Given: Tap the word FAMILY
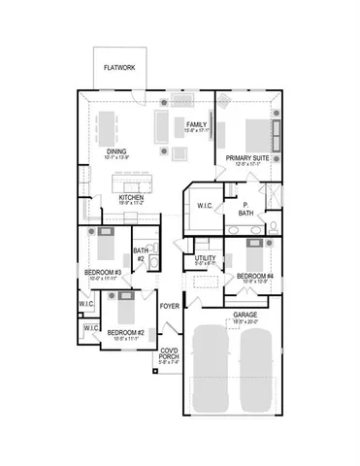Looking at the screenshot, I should point(197,125).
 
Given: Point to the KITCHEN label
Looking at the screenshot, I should point(131,197).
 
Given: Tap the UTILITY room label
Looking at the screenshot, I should point(205,258).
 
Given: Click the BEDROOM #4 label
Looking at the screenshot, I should point(254,277).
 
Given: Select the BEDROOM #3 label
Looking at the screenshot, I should point(102,273).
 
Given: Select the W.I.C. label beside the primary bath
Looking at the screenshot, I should point(205,205).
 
